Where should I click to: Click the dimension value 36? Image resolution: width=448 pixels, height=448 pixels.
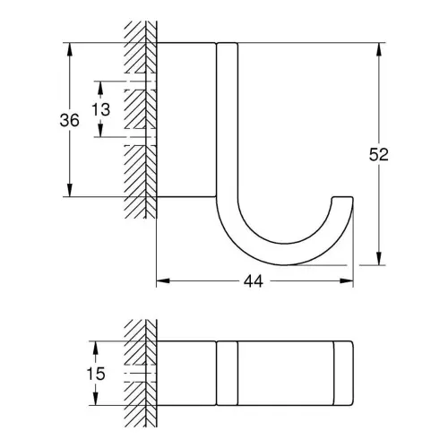pos(70,120)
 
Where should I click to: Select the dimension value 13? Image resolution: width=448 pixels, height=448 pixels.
pos(100,109)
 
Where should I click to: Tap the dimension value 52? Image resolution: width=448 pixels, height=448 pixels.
pos(379,154)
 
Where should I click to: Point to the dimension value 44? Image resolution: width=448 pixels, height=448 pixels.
pos(254,281)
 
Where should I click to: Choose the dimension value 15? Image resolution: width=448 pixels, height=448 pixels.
pos(96,374)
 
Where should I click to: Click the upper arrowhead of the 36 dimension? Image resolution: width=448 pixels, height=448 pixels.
pos(70,49)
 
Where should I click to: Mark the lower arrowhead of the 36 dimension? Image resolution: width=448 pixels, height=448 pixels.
pos(70,190)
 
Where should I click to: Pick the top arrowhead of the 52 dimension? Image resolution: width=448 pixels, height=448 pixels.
pos(379,49)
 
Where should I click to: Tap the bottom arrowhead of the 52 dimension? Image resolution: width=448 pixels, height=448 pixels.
pos(379,258)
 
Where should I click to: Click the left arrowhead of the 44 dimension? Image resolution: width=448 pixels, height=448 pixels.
pos(163,280)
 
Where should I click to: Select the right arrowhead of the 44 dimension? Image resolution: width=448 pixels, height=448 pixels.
pos(347,280)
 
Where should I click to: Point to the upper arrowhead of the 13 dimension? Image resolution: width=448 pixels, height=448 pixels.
pos(100,88)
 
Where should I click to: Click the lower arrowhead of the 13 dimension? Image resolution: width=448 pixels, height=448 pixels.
pos(100,131)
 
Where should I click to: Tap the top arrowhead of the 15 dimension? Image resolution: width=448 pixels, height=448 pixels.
pos(96,348)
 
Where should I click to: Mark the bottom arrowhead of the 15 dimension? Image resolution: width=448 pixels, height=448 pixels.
pos(96,399)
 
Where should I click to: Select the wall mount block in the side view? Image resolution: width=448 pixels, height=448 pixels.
pos(186,120)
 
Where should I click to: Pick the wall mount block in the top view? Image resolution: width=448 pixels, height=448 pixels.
pos(186,373)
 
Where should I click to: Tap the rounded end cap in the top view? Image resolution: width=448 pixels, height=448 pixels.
pos(343,373)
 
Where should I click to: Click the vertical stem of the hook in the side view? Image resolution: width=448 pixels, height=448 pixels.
pos(228,119)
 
